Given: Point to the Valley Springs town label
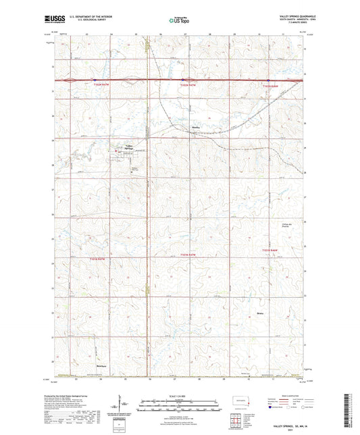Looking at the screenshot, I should pos(128,146).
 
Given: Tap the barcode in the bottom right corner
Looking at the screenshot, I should pos(351,408).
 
